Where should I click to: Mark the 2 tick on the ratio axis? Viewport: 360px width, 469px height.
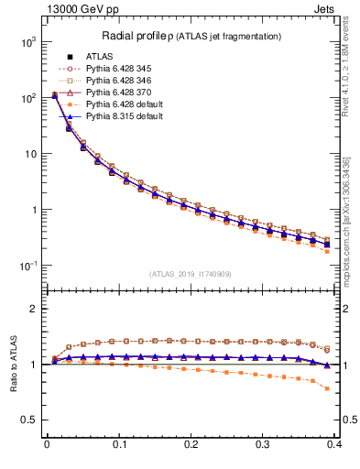34,309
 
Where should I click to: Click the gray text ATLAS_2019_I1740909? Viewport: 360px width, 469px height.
191,273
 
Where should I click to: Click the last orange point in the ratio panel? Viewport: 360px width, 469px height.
354,388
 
